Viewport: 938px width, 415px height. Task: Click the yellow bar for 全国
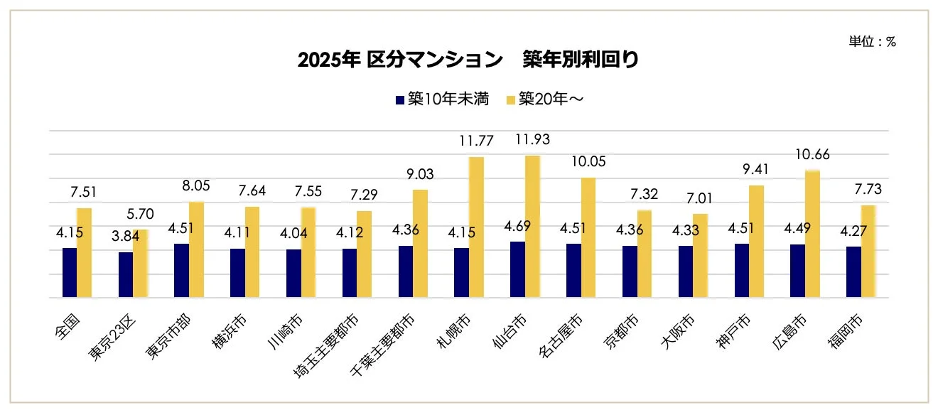point(84,252)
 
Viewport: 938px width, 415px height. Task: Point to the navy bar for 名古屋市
point(573,270)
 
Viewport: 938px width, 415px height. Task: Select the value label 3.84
point(124,236)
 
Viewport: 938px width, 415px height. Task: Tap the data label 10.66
point(812,155)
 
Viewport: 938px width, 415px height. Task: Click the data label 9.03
point(419,174)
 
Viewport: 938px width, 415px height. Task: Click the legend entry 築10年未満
point(442,99)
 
